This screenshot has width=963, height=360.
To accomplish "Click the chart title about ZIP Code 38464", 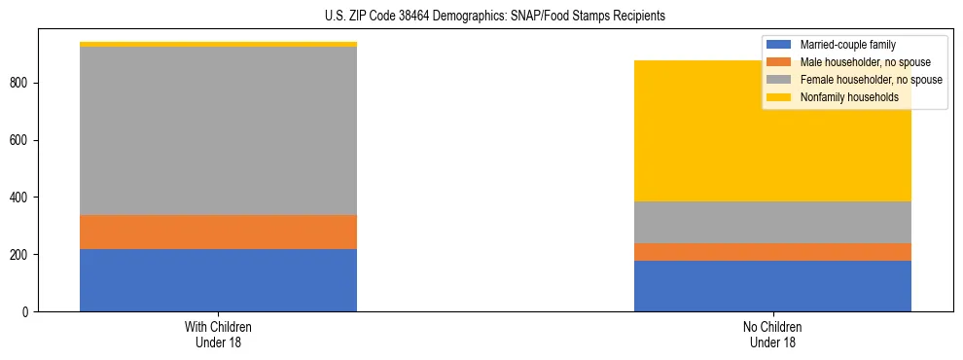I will tap(481, 17).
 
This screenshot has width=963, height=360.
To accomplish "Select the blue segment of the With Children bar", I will tap(218, 280).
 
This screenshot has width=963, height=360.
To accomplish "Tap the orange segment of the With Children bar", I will tap(218, 232).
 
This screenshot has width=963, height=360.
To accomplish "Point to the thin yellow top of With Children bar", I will tap(218, 44).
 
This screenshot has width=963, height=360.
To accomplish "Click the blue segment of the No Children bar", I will tap(772, 286).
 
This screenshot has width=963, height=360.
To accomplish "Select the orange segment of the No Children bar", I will tap(772, 252).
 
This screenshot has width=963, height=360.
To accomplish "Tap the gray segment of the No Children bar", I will tap(772, 222).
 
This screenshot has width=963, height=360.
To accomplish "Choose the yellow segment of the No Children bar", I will tap(772, 146).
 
